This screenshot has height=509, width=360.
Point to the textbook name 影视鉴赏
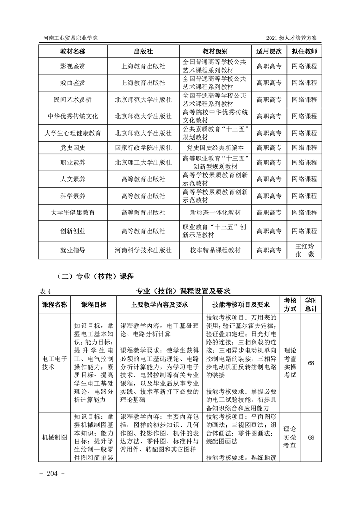(x=73, y=66)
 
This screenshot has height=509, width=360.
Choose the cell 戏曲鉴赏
(x=73, y=83)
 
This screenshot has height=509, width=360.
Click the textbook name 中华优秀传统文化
(x=73, y=116)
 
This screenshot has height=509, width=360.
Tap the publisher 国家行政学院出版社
(x=143, y=147)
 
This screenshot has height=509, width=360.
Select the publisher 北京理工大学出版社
(x=143, y=162)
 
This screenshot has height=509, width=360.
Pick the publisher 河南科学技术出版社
(x=143, y=250)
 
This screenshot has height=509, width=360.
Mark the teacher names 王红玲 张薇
(x=304, y=250)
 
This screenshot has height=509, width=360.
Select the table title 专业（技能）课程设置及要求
(x=184, y=291)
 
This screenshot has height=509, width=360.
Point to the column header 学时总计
(x=311, y=304)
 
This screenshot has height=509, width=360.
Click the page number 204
(x=54, y=474)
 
